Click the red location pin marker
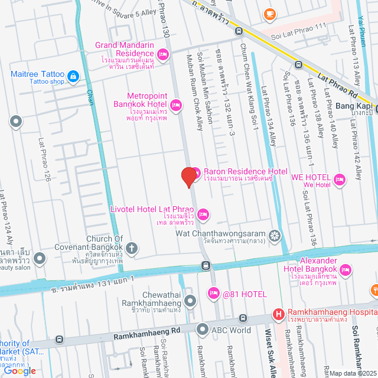[x=188, y=177]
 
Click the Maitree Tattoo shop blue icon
[x=73, y=76]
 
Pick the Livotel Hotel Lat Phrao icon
[x=203, y=214]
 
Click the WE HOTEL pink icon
[x=340, y=179]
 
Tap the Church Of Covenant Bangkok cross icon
[x=132, y=247]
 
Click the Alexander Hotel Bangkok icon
[x=347, y=270]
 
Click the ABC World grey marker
[x=203, y=330]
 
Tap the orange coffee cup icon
[x=269, y=12]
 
